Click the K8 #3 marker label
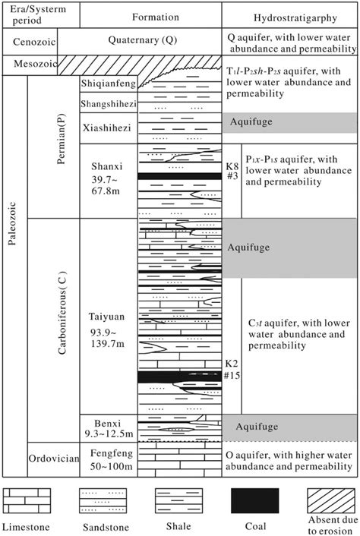(229, 170)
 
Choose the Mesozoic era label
(30, 65)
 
